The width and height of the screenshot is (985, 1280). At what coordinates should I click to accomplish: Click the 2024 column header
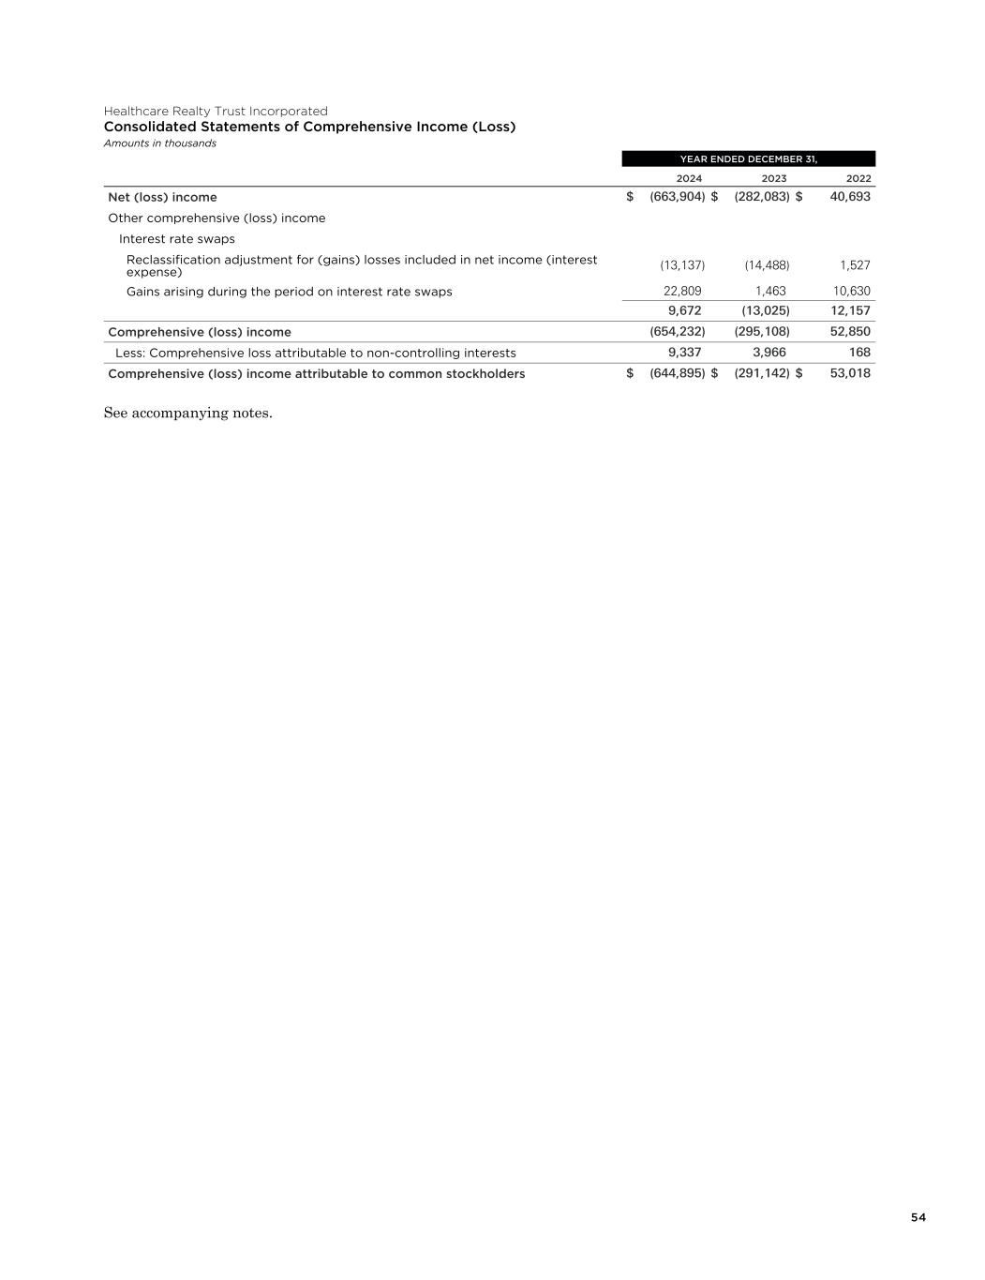[x=689, y=178]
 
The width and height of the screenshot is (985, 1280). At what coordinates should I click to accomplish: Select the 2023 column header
[x=774, y=178]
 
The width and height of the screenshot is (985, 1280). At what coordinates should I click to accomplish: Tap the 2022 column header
[x=858, y=178]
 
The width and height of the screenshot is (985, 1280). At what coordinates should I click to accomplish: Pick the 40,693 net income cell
[x=850, y=197]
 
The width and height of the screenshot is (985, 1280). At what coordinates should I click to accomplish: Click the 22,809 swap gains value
[x=682, y=292]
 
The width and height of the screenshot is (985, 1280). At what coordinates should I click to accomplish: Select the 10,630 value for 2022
[x=852, y=292]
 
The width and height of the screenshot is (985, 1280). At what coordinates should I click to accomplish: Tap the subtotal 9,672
[x=684, y=310]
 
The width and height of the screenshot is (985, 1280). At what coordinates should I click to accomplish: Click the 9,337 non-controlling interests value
[x=684, y=353]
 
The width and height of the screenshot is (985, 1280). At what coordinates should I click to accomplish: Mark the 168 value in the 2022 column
[x=859, y=353]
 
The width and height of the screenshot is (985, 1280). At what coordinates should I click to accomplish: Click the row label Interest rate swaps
[x=177, y=239]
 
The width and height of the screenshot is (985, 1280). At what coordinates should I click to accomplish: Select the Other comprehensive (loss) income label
[x=216, y=218]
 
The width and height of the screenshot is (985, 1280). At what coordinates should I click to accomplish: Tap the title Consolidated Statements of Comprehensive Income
[x=309, y=127]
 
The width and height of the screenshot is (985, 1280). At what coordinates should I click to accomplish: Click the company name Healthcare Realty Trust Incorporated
[x=216, y=111]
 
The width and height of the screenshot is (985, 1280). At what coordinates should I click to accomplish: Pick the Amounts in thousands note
[x=160, y=143]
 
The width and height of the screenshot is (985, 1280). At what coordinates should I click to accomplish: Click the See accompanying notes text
[x=187, y=414]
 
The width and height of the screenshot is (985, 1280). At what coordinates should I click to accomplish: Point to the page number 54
[x=918, y=1217]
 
